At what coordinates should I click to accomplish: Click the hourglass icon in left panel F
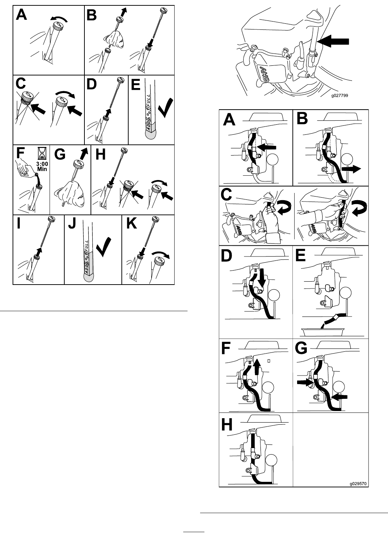pos(42,153)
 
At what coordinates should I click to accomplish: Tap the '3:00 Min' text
pos(42,166)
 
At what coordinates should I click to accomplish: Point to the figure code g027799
pos(339,96)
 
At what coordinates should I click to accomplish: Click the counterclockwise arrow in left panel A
pos(59,19)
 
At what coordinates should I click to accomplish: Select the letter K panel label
pos(132,223)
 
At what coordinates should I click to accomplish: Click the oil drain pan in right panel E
pos(323,332)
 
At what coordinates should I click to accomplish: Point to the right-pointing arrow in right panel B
pos(351,169)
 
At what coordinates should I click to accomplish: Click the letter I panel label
pos(19,223)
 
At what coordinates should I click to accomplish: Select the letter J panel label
pos(72,224)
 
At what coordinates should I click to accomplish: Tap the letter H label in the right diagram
pos(227,423)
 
